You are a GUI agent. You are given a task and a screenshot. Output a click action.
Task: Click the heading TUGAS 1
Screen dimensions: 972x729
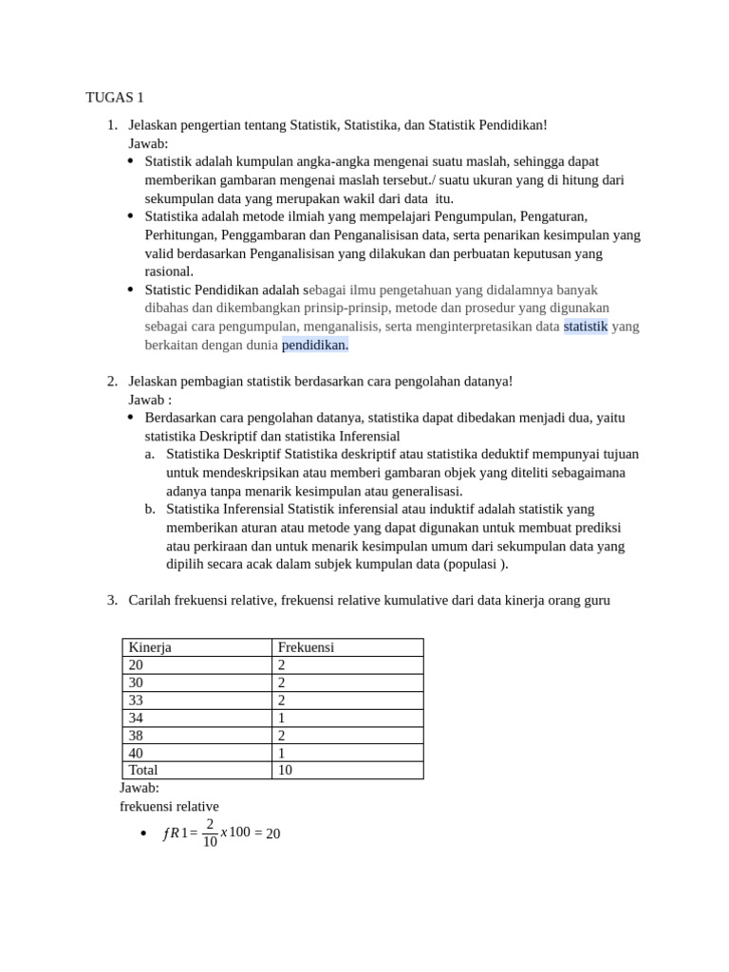pos(115,97)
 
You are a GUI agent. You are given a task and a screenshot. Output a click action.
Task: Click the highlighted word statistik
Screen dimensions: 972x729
pos(585,327)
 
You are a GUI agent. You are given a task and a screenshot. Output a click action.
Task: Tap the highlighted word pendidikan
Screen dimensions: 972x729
pos(315,345)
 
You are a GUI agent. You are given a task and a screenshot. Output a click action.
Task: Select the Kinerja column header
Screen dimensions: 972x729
pos(150,647)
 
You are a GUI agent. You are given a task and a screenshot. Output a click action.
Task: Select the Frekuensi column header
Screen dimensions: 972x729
pos(306,647)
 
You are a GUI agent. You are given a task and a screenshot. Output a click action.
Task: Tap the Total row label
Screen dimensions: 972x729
pos(143,770)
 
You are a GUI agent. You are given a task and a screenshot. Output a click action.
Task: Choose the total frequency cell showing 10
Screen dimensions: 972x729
pos(285,770)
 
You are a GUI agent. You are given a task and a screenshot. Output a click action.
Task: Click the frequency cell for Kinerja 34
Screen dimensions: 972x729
pos(281,718)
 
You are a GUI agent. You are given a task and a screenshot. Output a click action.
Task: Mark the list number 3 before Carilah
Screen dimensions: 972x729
pos(111,599)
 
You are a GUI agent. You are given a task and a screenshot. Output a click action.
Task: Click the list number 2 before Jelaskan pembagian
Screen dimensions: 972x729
pos(111,381)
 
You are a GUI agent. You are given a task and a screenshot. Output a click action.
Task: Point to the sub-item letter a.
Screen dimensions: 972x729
pos(150,454)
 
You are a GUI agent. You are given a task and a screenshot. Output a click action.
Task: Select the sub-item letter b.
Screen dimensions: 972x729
pos(150,509)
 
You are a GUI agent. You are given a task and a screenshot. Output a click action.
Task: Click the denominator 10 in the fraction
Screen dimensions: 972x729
pos(210,842)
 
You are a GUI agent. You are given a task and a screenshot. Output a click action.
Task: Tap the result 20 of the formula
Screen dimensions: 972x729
pos(272,834)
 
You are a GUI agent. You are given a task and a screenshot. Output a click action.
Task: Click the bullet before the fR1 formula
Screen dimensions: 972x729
pos(142,834)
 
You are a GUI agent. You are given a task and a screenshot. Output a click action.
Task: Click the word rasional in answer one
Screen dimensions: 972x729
pos(169,271)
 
